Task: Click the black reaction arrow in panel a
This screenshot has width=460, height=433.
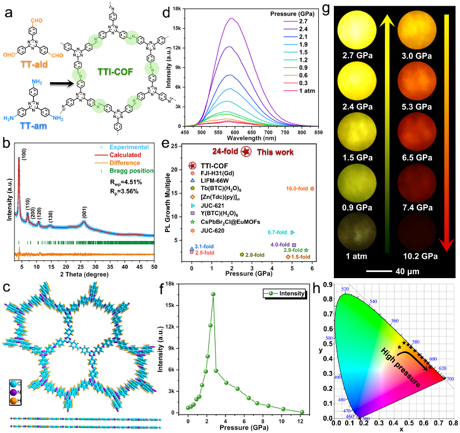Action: point(62,86)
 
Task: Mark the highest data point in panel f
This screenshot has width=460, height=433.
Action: point(213,294)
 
